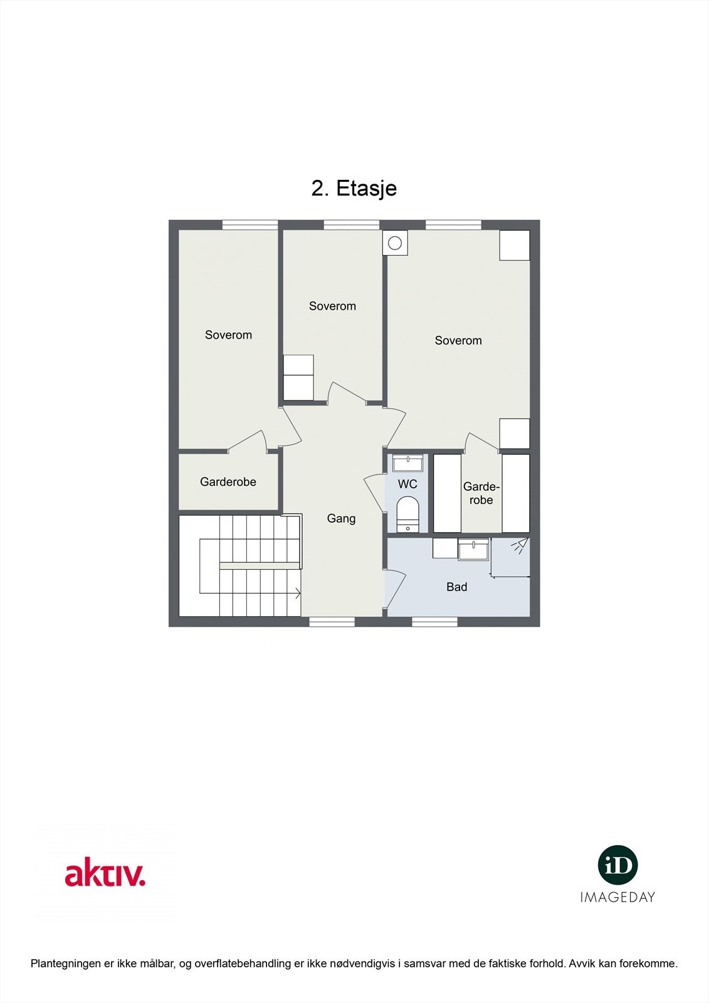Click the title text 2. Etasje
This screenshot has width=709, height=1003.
(x=354, y=188)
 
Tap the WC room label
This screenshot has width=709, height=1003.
(x=407, y=484)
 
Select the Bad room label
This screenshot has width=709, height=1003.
(x=456, y=587)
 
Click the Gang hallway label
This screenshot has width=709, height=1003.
(x=341, y=518)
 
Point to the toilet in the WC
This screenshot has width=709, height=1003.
(x=407, y=513)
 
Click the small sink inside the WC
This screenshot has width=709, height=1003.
(x=407, y=464)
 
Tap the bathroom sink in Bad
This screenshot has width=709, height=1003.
(x=473, y=550)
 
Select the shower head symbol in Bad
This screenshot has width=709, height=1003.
(x=519, y=545)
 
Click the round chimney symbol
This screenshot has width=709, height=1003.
(x=395, y=243)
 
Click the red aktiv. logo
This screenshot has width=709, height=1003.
(x=105, y=874)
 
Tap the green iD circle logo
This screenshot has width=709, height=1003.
(x=617, y=865)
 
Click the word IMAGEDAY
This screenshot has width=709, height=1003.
(x=617, y=897)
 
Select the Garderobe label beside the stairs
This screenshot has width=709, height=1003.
(x=228, y=481)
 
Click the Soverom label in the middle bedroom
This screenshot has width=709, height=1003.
(x=332, y=306)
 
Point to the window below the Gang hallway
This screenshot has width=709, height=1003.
(x=332, y=621)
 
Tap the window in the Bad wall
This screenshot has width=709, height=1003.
(x=434, y=621)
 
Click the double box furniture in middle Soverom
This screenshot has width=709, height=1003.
(x=298, y=377)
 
